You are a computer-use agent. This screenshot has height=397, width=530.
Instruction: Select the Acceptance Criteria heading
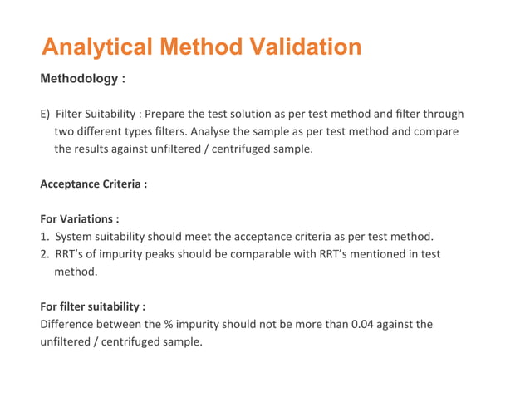coord(93,184)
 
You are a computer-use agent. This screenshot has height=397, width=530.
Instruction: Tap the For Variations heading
coord(80,219)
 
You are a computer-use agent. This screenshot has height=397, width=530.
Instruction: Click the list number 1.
coord(44,237)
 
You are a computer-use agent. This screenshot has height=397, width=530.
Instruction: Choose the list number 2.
coord(44,254)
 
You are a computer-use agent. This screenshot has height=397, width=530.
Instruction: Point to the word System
coord(76,237)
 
